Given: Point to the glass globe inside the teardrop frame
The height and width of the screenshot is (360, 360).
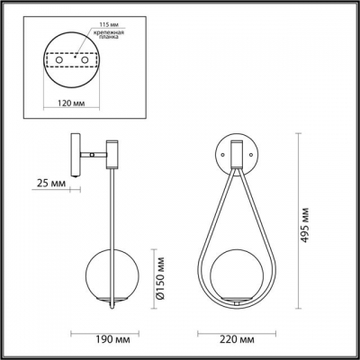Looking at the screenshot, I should pos(238,283).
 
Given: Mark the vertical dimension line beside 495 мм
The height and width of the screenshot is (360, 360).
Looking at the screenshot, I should pos(299,222).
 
